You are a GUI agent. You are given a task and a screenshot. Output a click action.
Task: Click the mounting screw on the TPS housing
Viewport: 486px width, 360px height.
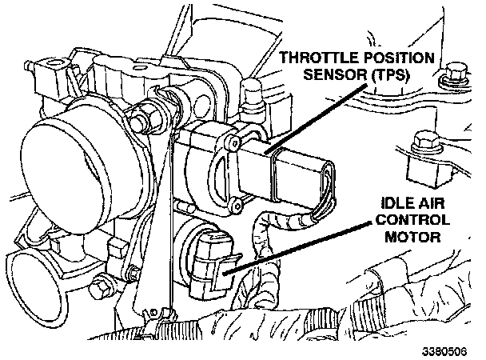(233, 143)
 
